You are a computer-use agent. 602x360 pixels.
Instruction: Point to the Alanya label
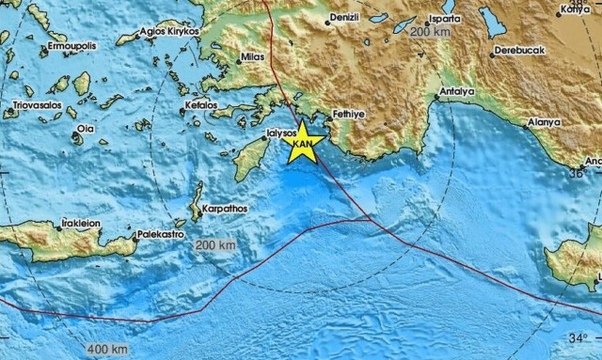[x=544, y=122]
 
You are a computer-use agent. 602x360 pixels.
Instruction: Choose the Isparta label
[x=437, y=17]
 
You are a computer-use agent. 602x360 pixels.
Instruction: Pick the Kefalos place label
[x=206, y=104]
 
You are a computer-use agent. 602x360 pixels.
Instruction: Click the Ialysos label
[x=281, y=133]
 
